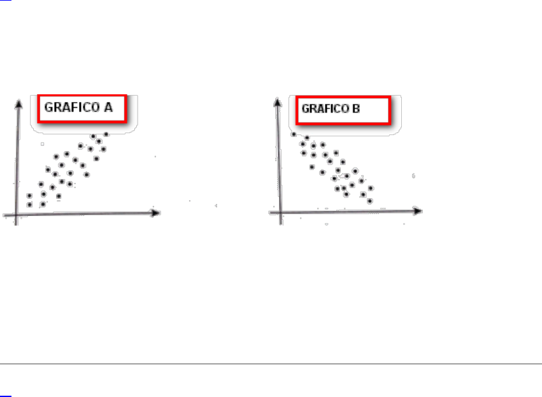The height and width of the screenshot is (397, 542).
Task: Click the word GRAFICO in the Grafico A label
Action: (x=72, y=107)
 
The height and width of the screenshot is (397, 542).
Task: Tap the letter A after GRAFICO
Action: (x=108, y=107)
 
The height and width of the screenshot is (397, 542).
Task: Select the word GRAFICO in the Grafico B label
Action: (x=325, y=108)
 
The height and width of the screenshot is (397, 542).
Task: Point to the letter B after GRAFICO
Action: (x=356, y=108)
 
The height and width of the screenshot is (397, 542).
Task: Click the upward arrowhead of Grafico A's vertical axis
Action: (x=18, y=104)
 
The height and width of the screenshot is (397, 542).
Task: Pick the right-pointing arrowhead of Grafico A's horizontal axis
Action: (x=155, y=213)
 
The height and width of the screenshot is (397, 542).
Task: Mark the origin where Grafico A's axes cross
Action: (x=17, y=215)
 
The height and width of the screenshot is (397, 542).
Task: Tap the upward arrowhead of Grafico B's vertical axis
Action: (x=277, y=102)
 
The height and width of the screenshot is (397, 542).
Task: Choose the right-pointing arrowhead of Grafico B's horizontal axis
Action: (x=417, y=210)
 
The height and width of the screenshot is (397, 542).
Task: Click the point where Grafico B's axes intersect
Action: (x=281, y=212)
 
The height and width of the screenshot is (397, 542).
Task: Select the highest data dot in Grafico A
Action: (x=106, y=134)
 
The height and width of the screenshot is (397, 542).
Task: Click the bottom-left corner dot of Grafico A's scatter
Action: (x=29, y=205)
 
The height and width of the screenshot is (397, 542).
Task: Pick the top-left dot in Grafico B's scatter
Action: (x=294, y=134)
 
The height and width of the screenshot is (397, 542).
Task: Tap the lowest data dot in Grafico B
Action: (x=370, y=201)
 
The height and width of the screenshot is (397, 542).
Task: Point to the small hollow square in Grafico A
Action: (x=42, y=144)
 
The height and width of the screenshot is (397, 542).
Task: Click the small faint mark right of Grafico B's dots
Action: (x=413, y=176)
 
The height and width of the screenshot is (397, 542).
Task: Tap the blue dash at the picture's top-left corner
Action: (x=6, y=1)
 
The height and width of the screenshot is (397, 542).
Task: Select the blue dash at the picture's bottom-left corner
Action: (x=6, y=396)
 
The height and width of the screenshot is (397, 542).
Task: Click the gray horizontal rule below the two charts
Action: (x=271, y=364)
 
